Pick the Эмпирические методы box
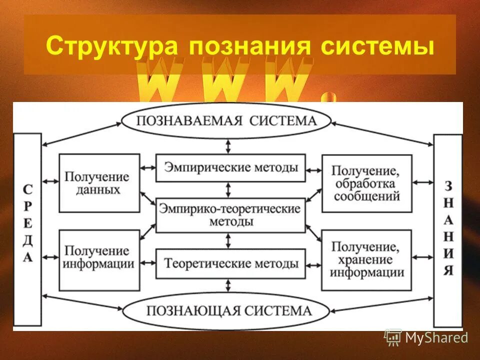(x=230, y=168)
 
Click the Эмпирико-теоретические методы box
(x=230, y=215)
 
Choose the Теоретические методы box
(x=230, y=263)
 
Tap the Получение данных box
(x=99, y=183)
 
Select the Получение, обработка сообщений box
(x=367, y=183)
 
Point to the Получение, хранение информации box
(x=367, y=260)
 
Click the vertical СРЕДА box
(x=27, y=230)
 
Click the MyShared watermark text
(x=436, y=338)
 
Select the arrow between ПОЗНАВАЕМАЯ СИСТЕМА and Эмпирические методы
(x=229, y=145)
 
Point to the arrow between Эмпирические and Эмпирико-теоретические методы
(x=229, y=189)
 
